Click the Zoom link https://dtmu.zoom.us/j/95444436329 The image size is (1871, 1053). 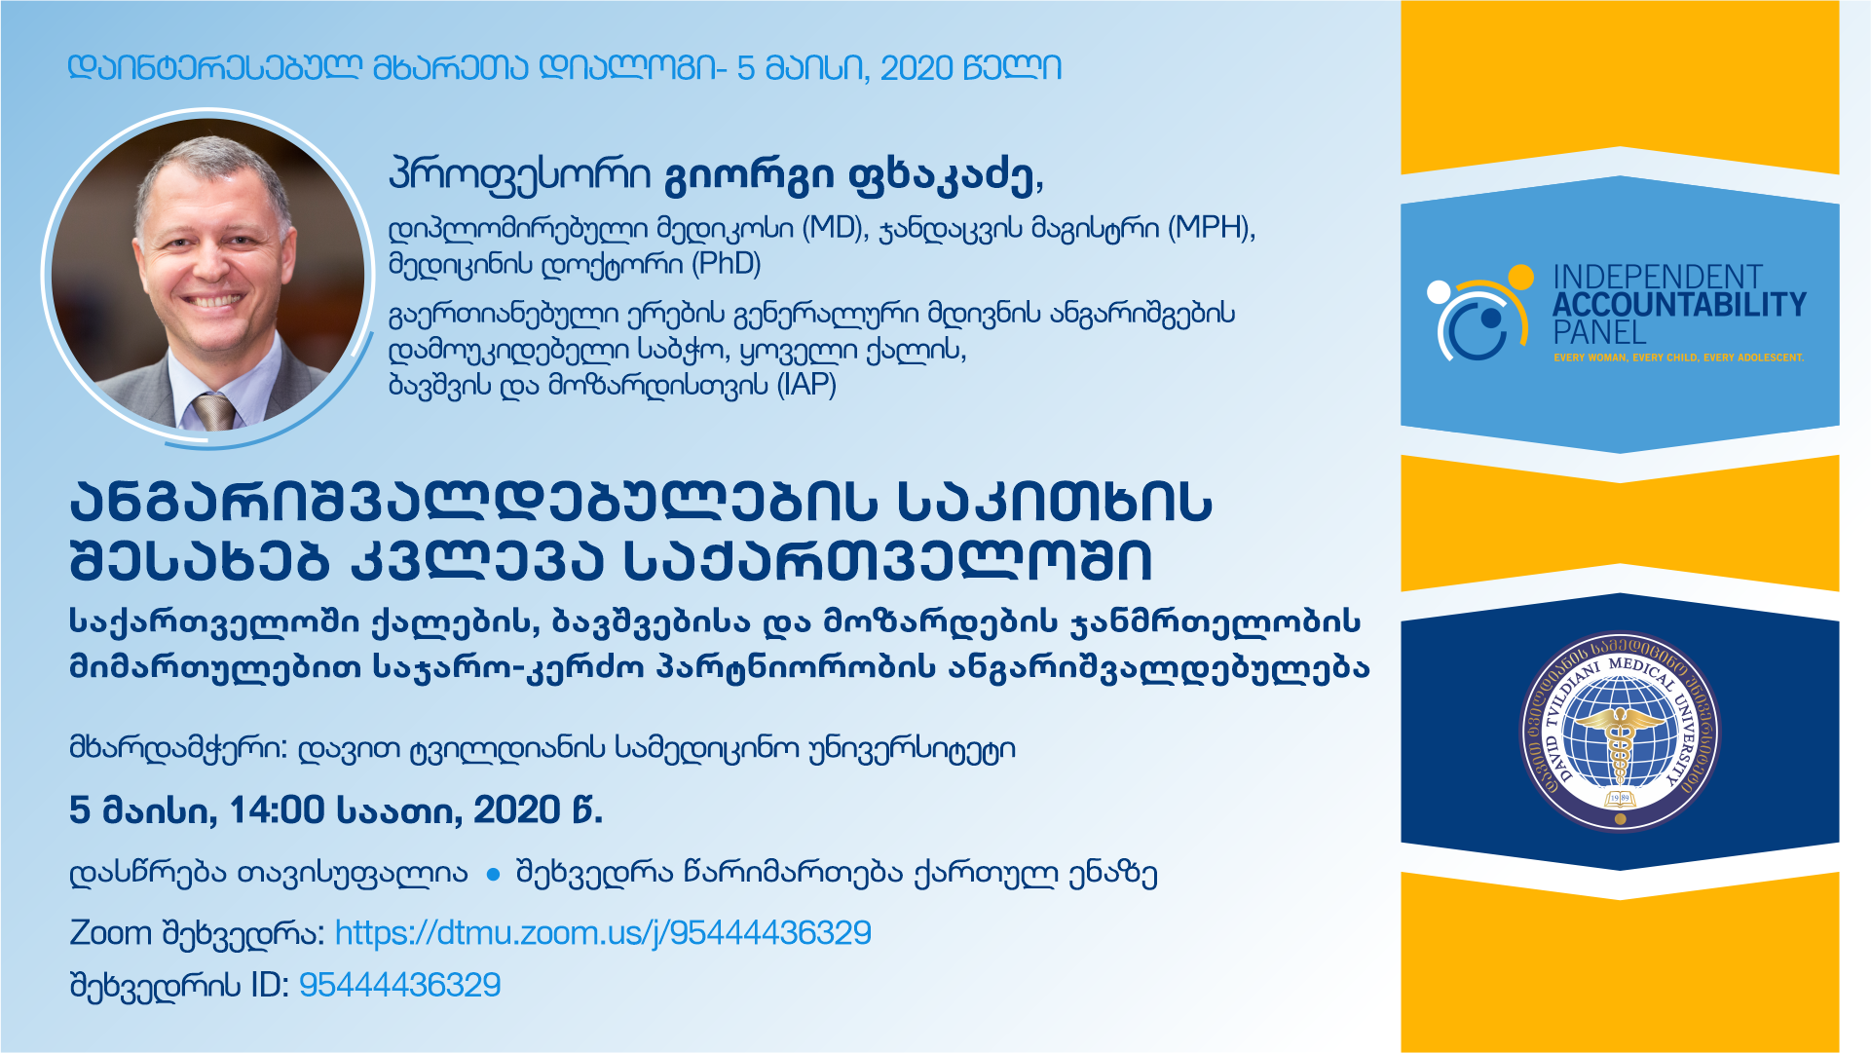click(x=603, y=933)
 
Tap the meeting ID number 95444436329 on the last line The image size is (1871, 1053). click(x=399, y=985)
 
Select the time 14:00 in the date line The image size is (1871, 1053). click(x=277, y=810)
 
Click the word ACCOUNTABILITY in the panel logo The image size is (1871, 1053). click(x=1679, y=305)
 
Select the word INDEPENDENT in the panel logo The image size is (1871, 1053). click(x=1657, y=277)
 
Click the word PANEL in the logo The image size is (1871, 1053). click(x=1599, y=332)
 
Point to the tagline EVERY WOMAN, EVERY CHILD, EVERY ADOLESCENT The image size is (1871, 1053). click(x=1678, y=357)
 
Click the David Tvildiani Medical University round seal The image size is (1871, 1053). click(x=1620, y=733)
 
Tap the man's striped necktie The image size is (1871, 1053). click(x=214, y=410)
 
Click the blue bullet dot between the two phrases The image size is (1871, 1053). click(x=493, y=875)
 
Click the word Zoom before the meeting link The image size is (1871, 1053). click(x=111, y=933)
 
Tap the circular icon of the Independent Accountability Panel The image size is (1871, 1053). click(x=1478, y=312)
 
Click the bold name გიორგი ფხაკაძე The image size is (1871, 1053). click(x=852, y=176)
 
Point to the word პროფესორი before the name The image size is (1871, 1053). click(x=519, y=176)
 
